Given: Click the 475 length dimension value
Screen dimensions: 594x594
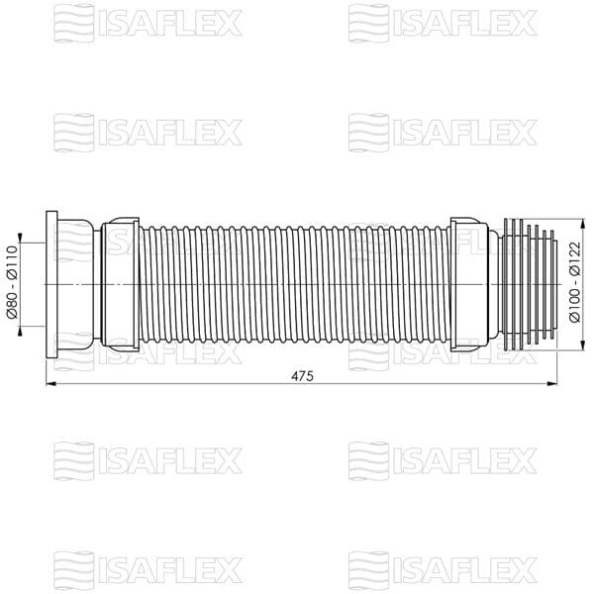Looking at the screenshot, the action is pyautogui.click(x=302, y=376).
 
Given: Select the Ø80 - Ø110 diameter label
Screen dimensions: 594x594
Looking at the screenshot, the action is pyautogui.click(x=12, y=283).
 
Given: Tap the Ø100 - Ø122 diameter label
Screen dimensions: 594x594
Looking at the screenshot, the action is pyautogui.click(x=574, y=282).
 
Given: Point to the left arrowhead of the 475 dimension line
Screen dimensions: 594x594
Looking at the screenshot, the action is pyautogui.click(x=51, y=384).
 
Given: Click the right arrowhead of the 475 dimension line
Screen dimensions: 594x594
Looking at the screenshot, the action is pyautogui.click(x=551, y=384).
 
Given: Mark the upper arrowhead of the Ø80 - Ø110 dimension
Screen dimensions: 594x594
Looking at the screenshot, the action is pyautogui.click(x=20, y=238).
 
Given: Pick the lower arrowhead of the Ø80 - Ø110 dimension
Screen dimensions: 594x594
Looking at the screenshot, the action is pyautogui.click(x=20, y=331).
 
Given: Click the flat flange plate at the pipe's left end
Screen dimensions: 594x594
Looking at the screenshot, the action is pyautogui.click(x=51, y=284).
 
